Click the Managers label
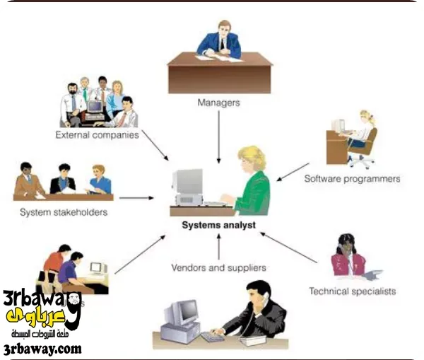pos(218,103)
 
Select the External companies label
pos(97,134)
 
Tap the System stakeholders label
pos(64,211)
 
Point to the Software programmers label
pos(352,179)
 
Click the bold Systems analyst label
pos(218,226)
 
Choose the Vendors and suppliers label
pos(218,268)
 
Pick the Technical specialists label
pos(352,291)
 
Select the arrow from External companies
pos(155,144)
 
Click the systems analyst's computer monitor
pos(188,182)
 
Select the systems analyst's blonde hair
pos(253,157)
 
